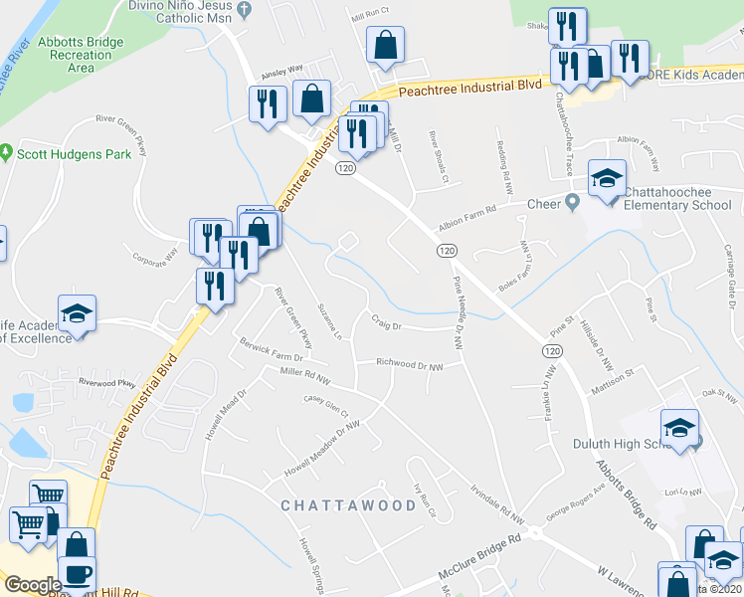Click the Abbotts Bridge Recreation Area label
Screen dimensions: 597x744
coord(81,55)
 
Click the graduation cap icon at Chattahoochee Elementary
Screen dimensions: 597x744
coord(607,179)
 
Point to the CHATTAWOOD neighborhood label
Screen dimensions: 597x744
coord(348,505)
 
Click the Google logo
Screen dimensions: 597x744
coord(33,584)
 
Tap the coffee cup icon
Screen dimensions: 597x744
coord(78,576)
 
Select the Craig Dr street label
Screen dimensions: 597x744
coord(386,324)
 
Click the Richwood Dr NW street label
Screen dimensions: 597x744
coord(410,365)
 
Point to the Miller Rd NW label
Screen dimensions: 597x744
coord(304,379)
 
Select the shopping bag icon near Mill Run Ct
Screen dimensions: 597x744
coord(385,46)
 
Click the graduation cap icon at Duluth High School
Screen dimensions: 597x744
coord(680,430)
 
